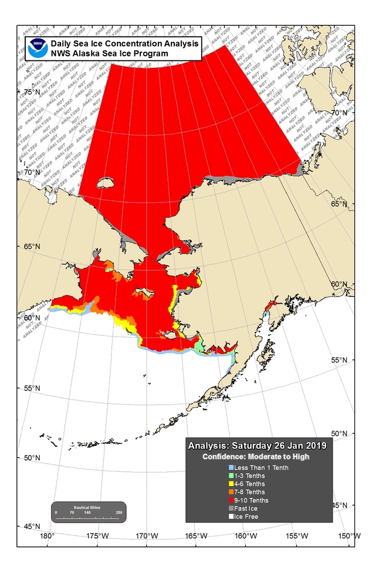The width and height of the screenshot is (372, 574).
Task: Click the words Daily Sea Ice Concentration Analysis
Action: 125,44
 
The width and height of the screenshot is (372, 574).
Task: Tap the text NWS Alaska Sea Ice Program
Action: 109,53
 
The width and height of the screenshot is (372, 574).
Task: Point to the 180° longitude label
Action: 46,536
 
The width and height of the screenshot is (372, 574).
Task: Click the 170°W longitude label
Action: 147,536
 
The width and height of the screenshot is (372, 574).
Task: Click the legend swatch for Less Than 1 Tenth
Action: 231,467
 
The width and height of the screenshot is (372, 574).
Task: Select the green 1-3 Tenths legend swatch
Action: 231,475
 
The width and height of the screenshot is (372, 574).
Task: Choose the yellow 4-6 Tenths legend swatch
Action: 231,484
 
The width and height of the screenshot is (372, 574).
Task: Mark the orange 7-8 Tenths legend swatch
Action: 231,492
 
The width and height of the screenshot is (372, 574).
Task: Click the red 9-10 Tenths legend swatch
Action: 231,500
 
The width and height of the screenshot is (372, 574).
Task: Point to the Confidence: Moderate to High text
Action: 256,456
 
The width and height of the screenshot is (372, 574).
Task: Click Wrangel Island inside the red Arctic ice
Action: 106,184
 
